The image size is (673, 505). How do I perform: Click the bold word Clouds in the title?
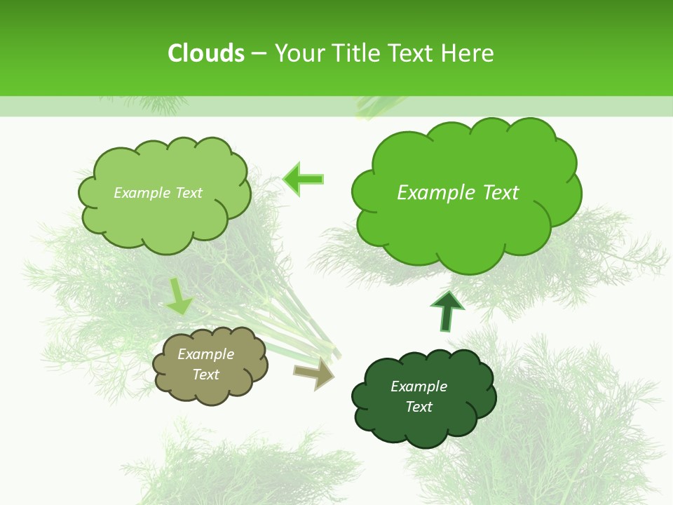[206, 53]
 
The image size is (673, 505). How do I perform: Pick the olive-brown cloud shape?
[210, 393]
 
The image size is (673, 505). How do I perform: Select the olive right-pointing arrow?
[314, 372]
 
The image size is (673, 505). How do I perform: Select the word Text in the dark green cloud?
[419, 407]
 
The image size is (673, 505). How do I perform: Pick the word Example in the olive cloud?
[206, 354]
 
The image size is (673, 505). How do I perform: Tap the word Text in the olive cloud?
[206, 375]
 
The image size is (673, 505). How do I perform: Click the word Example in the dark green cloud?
[419, 386]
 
